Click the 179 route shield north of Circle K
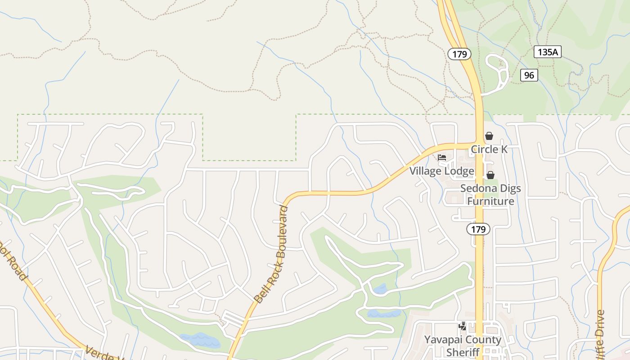coord(459,54)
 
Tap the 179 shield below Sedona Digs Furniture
coord(478,229)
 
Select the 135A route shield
coord(548,52)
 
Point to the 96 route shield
coord(529,75)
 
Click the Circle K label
coord(489,149)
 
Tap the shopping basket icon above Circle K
coord(489,136)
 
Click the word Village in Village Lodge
coord(425,171)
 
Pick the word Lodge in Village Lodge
coord(459,171)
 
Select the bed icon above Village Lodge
coord(442,157)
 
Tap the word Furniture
coord(490,201)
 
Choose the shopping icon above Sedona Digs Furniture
coord(490,175)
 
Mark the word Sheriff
coord(463,352)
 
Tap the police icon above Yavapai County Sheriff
coord(463,326)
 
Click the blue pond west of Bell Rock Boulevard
coord(200,340)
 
